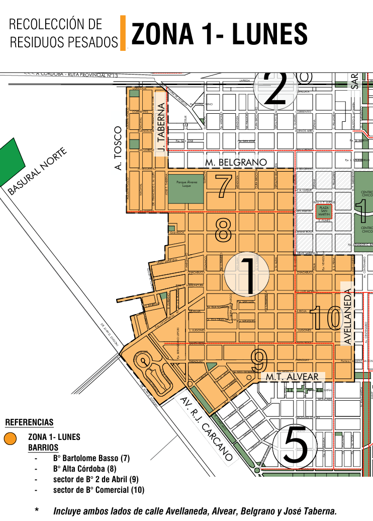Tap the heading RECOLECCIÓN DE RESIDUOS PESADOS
[63, 33]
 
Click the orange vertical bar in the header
[123, 33]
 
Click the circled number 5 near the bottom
[295, 445]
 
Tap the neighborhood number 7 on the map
[224, 185]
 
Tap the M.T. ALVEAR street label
[292, 377]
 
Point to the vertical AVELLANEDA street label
[347, 313]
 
